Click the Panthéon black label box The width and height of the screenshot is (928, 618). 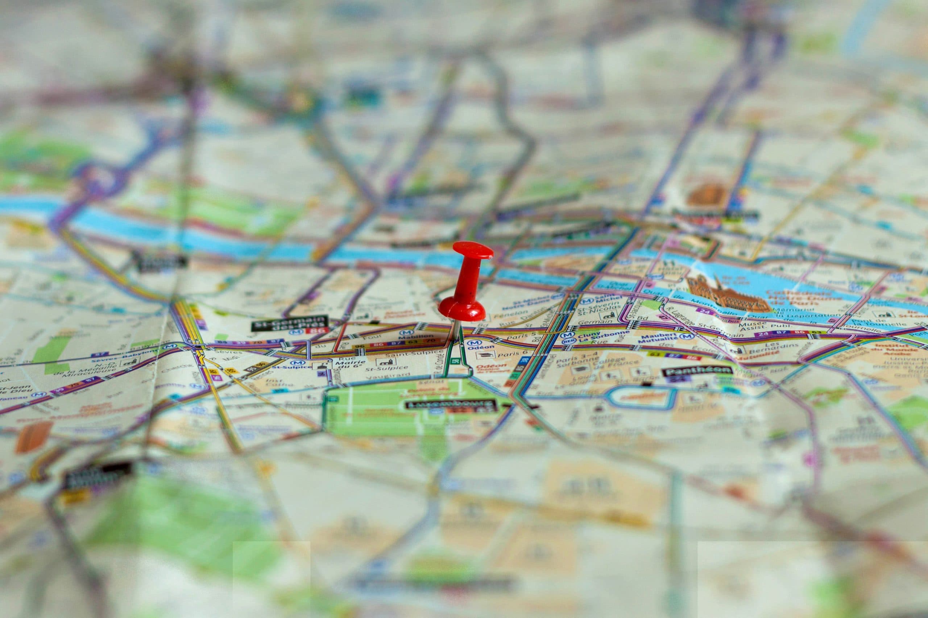click(x=697, y=370)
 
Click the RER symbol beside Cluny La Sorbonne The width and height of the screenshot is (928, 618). click(x=569, y=341)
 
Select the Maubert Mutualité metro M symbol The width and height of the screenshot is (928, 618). click(x=687, y=336)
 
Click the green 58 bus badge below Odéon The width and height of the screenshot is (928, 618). click(x=456, y=361)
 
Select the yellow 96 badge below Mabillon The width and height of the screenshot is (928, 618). click(x=360, y=346)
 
